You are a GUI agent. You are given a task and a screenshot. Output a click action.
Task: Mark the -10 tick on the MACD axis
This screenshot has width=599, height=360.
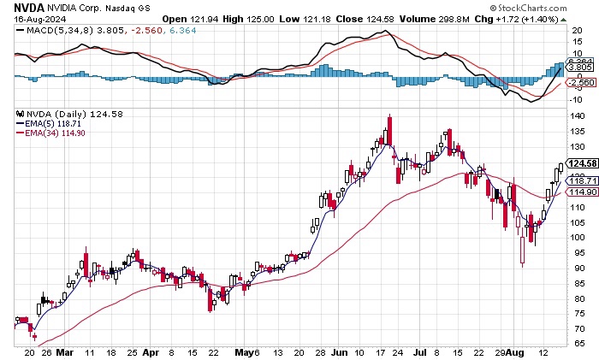click(578, 99)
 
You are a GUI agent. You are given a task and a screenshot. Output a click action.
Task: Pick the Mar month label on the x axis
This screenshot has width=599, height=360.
click(62, 351)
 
